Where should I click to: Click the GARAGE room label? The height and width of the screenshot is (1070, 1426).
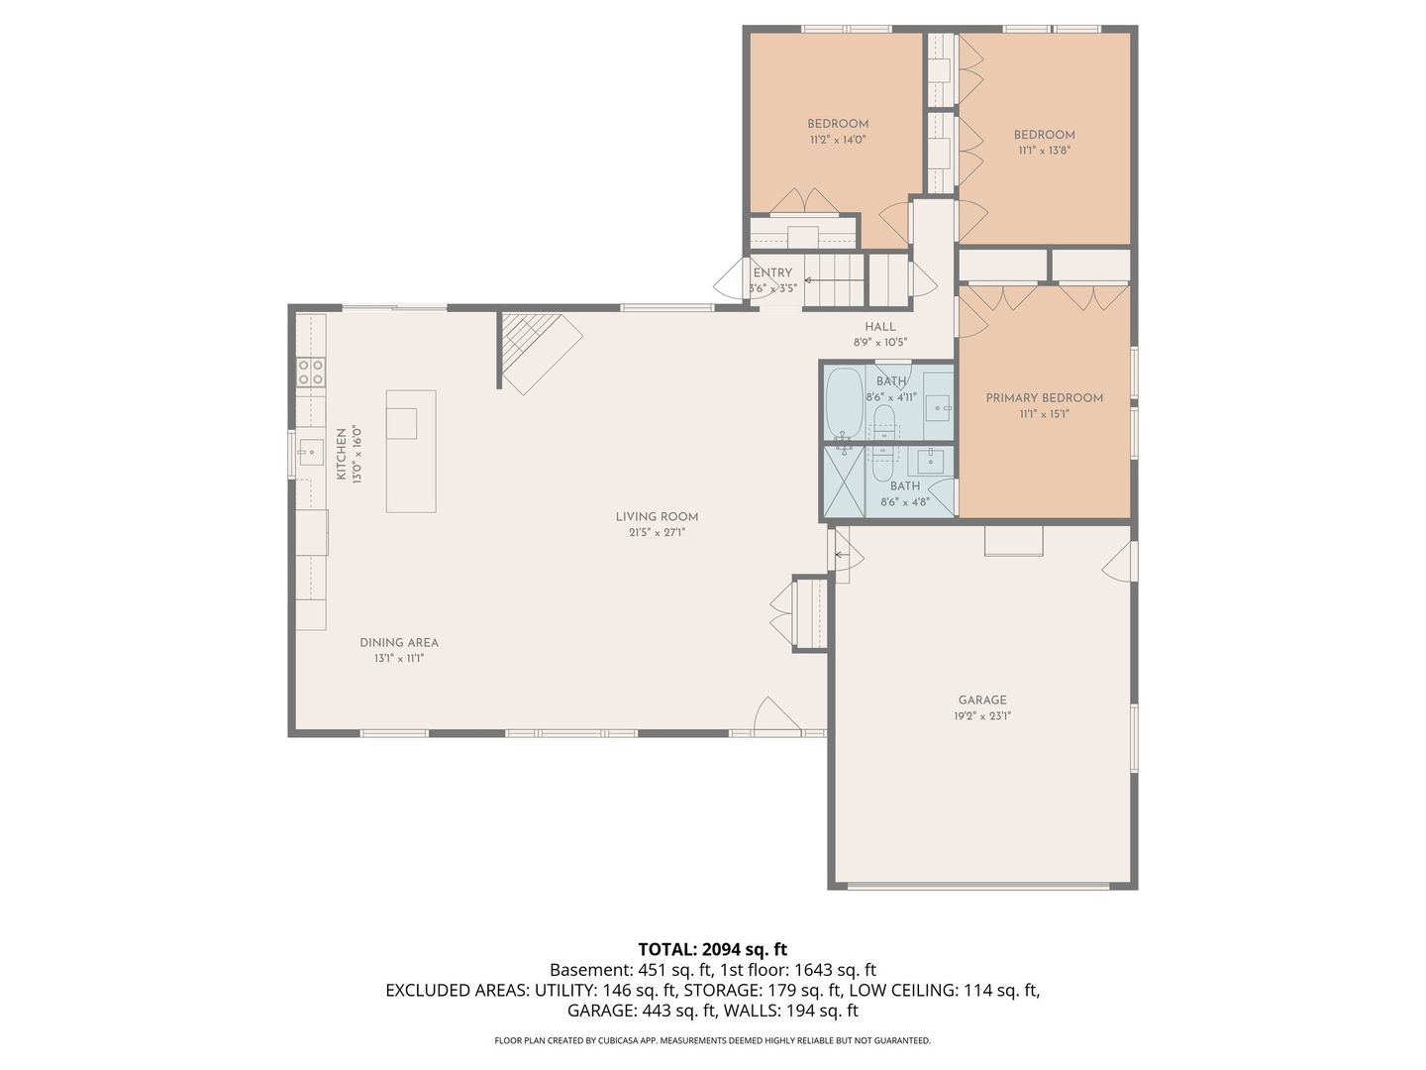click(981, 699)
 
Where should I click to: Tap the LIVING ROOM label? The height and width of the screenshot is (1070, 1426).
click(657, 516)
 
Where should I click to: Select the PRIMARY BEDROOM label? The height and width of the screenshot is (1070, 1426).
click(1044, 397)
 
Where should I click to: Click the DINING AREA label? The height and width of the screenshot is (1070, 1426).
click(399, 642)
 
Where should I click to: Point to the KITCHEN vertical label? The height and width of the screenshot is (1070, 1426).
click(341, 455)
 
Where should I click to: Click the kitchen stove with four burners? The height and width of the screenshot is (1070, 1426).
click(311, 372)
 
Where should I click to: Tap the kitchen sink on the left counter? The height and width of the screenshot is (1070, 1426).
click(311, 453)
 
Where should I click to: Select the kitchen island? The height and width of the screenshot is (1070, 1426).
click(411, 451)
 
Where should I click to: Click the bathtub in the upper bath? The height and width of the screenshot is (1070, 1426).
click(844, 402)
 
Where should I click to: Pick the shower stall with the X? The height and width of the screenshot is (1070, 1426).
click(845, 481)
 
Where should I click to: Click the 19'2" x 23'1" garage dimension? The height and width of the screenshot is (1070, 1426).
click(981, 715)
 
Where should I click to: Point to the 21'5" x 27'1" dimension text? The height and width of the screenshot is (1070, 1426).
click(657, 532)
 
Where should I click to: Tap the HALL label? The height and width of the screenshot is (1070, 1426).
click(879, 326)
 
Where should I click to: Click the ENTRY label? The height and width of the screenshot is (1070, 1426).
click(772, 272)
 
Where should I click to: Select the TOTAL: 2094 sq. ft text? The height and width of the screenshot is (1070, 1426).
click(712, 949)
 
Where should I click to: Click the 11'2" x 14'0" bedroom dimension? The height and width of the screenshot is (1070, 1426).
click(838, 140)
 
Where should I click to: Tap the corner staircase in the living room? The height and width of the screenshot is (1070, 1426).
click(535, 347)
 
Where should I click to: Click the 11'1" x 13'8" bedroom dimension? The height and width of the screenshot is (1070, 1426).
click(1044, 151)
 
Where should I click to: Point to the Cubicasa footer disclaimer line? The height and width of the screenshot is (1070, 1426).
click(712, 1040)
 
